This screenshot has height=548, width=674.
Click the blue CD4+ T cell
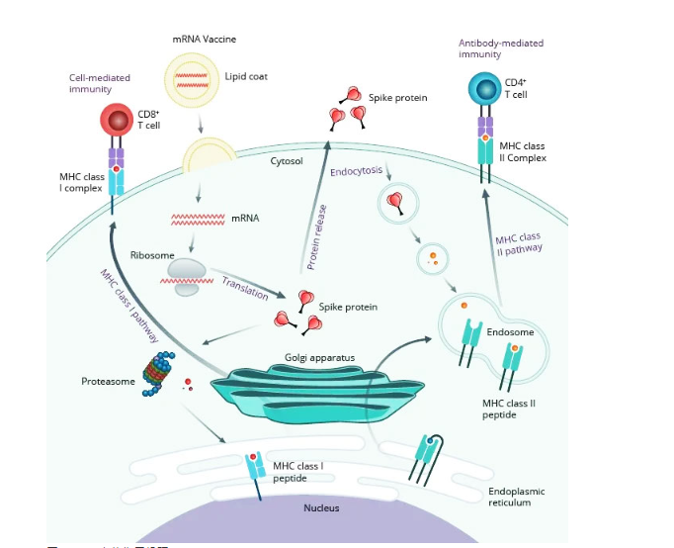484,90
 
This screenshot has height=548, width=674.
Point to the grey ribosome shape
187,271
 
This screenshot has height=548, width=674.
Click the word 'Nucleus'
321,507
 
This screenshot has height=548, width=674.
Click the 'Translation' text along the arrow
245,285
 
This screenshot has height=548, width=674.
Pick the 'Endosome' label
510,332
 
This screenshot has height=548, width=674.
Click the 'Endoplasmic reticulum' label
516,497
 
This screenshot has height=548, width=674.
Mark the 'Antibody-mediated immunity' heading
500,48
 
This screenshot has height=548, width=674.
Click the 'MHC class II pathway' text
516,244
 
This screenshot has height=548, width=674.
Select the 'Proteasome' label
108,380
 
